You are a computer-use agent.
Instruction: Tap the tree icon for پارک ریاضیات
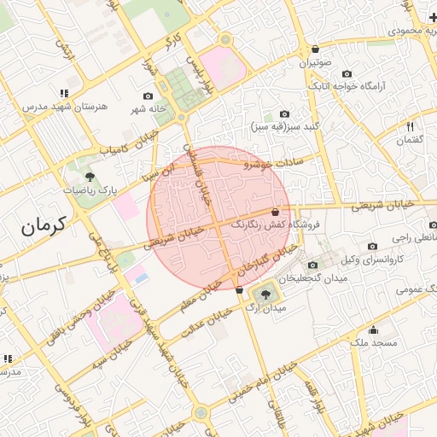tap(90, 177)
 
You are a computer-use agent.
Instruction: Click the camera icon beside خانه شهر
tap(148, 96)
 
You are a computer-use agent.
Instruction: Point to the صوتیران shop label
tap(315, 63)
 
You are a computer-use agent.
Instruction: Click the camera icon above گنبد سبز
tap(284, 114)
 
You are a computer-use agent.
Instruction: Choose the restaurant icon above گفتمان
tap(411, 125)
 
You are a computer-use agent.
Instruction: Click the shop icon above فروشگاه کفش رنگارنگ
tap(275, 212)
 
